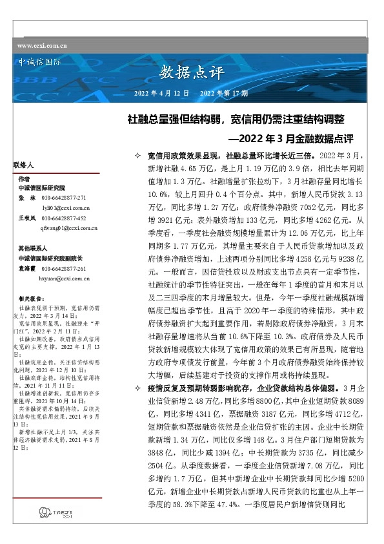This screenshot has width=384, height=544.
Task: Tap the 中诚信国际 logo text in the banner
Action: tap(40, 63)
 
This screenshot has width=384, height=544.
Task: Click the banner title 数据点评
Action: tap(187, 70)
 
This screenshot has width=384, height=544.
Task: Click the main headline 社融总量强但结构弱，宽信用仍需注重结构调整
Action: tap(236, 119)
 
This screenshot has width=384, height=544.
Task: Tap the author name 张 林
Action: tap(26, 197)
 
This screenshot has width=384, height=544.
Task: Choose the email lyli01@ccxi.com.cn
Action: tap(65, 208)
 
